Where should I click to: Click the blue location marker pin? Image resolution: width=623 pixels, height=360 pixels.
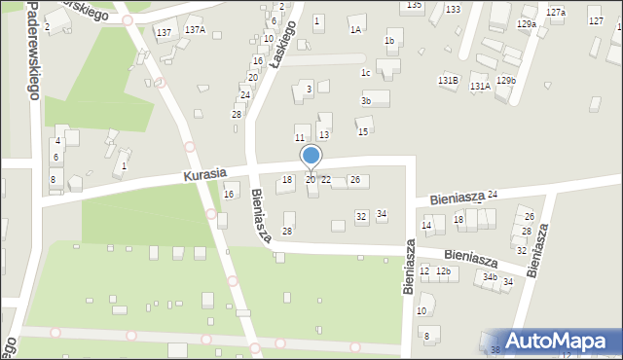coord(311,157)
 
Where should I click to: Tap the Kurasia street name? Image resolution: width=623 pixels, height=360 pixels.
coord(203,174)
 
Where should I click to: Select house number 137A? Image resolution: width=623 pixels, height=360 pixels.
coord(195,30)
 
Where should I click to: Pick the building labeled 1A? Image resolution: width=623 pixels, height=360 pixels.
coord(355,29)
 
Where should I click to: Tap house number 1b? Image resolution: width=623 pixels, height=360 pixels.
coord(388,41)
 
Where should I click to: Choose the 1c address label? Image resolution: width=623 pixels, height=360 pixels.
coord(365,72)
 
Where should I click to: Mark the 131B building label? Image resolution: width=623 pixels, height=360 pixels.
coord(448,80)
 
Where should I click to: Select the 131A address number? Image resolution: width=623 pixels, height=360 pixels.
coord(479,86)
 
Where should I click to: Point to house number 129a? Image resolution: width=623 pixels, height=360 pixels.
coord(527,22)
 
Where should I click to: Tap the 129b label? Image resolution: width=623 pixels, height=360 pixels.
coord(505,80)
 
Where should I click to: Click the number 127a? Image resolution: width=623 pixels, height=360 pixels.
coord(555,12)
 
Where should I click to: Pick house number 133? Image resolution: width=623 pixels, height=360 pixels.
coord(453,9)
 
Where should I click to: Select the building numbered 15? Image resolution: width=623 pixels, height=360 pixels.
coord(362,131)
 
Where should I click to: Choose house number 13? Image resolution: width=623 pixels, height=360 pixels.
coord(324,134)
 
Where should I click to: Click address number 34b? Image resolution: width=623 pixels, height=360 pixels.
coord(491,276)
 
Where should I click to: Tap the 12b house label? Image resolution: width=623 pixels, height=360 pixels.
coord(442,270)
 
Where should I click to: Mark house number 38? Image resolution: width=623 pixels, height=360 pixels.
coord(495,350)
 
